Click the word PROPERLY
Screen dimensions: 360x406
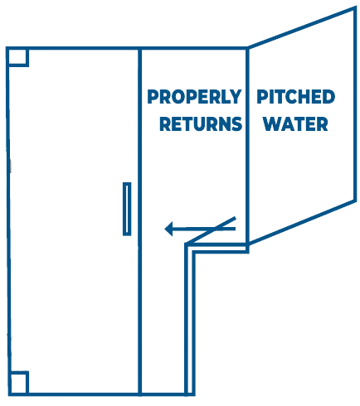click(194, 97)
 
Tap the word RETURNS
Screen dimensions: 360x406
click(201, 123)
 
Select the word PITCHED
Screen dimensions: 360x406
click(295, 97)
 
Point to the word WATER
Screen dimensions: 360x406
click(295, 123)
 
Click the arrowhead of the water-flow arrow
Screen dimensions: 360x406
click(168, 229)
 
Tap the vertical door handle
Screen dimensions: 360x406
click(127, 209)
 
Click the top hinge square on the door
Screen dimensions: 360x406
click(17, 57)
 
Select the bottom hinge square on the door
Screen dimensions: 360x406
click(18, 384)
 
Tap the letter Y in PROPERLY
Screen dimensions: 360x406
click(235, 97)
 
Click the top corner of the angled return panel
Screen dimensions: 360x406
click(355, 7)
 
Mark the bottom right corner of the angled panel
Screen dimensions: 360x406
click(355, 201)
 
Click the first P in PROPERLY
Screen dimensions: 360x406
click(153, 97)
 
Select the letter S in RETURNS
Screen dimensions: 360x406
click(236, 123)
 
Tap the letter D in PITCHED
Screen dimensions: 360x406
click(328, 97)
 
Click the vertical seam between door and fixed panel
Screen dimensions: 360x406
click(139, 222)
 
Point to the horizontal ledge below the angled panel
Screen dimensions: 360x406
click(218, 248)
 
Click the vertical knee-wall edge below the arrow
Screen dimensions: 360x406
click(190, 321)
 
